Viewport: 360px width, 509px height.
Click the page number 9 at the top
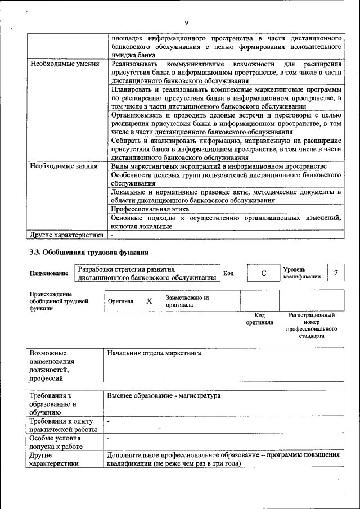[185, 22]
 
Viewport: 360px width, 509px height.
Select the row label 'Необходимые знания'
[63, 166]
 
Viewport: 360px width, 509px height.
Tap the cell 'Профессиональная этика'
[150, 209]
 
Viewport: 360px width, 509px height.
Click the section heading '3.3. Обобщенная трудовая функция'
[89, 253]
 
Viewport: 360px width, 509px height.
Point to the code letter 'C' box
[263, 273]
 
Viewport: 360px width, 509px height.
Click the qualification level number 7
[336, 273]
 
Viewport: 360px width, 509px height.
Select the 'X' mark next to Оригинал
[149, 301]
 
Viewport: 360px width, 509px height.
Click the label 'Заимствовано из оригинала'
[187, 301]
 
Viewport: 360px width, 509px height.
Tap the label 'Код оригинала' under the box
[259, 319]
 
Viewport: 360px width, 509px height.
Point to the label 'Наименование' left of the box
[49, 273]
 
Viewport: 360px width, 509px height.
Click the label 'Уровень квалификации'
[302, 273]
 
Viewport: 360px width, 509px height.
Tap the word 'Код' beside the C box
[228, 273]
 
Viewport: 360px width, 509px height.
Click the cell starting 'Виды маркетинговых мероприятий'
[218, 166]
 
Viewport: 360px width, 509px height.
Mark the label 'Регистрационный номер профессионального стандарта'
[311, 326]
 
